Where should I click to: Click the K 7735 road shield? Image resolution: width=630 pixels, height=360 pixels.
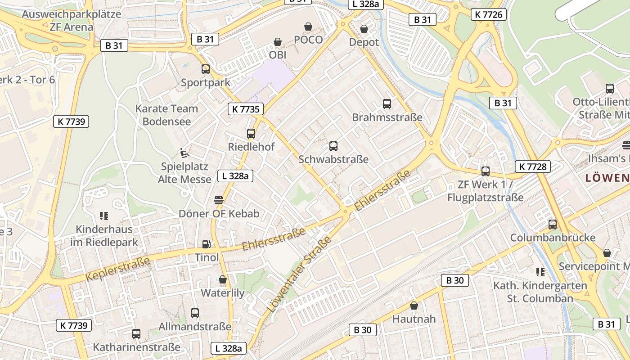[x=245, y=109]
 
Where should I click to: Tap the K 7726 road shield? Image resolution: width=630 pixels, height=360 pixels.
[x=489, y=14]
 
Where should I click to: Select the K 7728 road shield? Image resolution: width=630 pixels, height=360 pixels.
[x=533, y=166]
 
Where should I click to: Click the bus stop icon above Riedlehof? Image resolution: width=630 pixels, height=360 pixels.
[x=251, y=134]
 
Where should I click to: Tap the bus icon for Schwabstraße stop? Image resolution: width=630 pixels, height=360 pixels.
[x=333, y=146]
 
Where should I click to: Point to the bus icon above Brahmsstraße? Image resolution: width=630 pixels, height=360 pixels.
[x=387, y=104]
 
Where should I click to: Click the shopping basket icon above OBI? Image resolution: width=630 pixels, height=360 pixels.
[x=278, y=42]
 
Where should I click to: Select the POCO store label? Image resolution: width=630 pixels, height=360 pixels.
[x=308, y=40]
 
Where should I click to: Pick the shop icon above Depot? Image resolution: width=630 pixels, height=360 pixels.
[x=364, y=29]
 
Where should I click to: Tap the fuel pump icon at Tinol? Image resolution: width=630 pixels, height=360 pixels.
[x=206, y=244]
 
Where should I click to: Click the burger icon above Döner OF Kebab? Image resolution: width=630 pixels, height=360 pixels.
[x=219, y=200]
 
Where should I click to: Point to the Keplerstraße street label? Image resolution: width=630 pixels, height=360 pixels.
[x=117, y=270]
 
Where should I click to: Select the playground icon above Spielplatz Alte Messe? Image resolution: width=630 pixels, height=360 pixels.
[x=184, y=153]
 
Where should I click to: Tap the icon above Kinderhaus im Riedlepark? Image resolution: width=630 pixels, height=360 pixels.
[x=104, y=216]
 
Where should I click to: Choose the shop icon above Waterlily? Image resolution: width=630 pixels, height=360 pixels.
[x=222, y=279]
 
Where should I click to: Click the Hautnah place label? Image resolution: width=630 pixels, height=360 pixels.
[x=414, y=319]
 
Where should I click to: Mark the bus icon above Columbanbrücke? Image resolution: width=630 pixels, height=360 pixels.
[x=552, y=224]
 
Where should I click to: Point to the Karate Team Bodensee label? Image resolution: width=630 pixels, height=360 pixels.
[x=166, y=115]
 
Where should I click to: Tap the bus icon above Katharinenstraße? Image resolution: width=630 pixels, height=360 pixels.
[x=136, y=334]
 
